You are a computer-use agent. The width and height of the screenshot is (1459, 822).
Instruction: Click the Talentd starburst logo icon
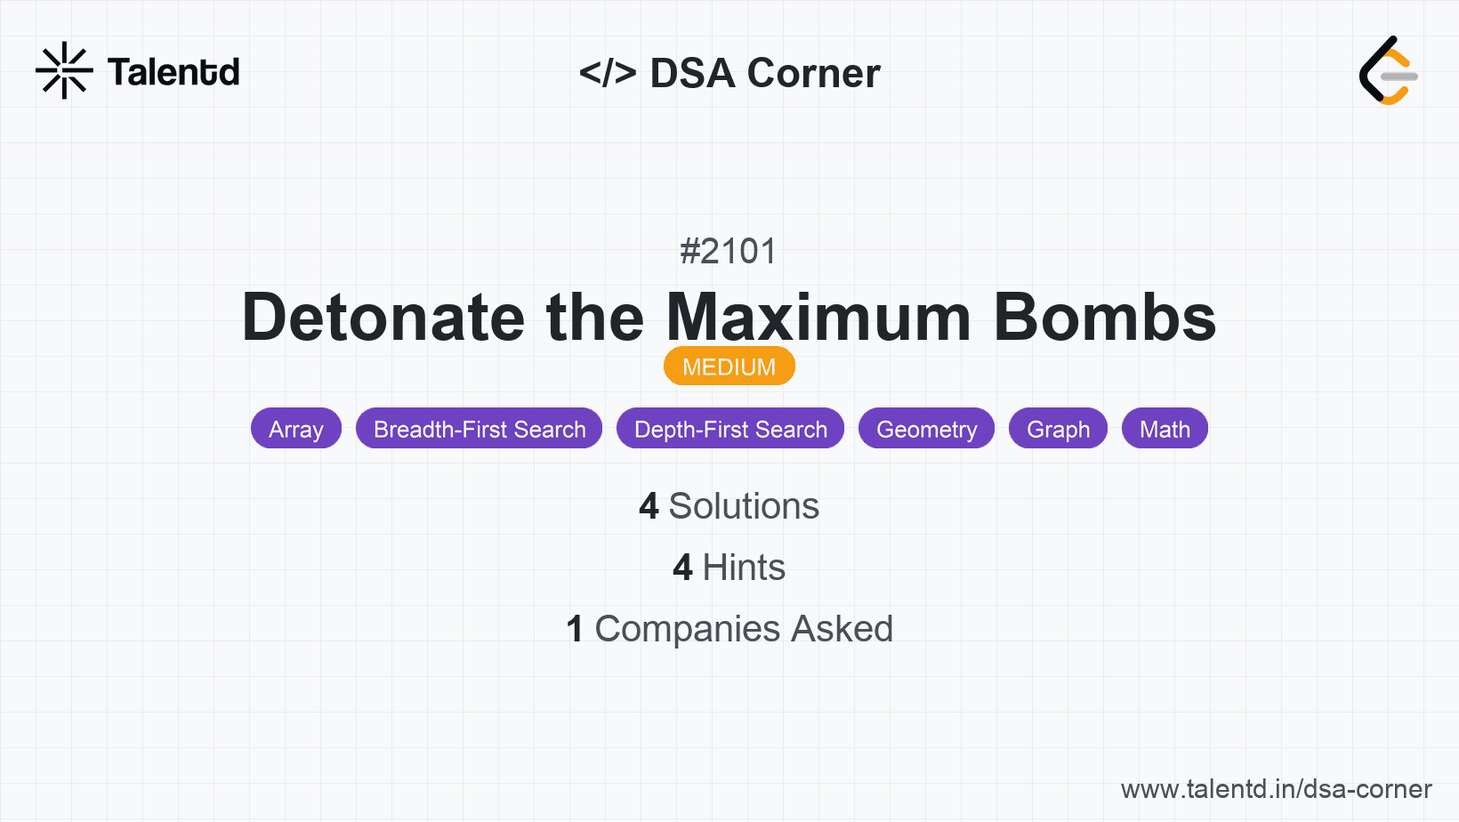click(x=64, y=70)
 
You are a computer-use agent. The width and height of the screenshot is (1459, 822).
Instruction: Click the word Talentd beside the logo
click(x=173, y=72)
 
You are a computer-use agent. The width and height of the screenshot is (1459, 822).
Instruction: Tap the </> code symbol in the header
click(x=608, y=72)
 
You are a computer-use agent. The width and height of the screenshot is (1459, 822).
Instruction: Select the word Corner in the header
click(x=813, y=72)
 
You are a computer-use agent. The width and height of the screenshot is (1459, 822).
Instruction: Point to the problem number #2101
click(x=729, y=251)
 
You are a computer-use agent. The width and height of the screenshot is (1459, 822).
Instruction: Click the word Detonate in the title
click(x=383, y=318)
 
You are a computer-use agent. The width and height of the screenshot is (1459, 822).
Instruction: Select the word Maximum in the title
click(x=818, y=318)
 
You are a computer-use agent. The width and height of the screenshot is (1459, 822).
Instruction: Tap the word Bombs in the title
click(x=1105, y=318)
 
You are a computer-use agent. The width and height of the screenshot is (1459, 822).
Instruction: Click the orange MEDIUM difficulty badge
click(x=729, y=367)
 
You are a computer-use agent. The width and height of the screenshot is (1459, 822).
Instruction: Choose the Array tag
click(x=296, y=429)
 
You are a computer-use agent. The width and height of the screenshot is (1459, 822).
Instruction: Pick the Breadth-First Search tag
click(x=480, y=429)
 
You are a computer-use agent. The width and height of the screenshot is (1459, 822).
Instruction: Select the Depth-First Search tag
click(x=730, y=429)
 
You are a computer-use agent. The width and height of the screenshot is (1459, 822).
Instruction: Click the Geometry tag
click(x=926, y=429)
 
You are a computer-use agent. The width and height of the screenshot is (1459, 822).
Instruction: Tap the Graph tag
click(x=1058, y=429)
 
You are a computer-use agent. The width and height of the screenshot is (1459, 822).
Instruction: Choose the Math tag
click(x=1165, y=429)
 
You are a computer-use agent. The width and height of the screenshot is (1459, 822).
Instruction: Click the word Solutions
click(x=744, y=506)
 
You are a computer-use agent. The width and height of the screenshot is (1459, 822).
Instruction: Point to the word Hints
click(x=744, y=568)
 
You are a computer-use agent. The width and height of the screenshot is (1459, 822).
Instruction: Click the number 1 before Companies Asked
click(x=574, y=629)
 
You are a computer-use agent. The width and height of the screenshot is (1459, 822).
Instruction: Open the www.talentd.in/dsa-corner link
click(x=1276, y=789)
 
